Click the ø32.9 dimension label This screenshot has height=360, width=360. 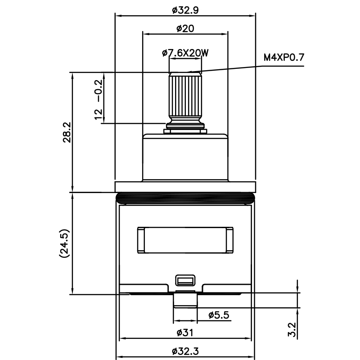(x=185, y=9)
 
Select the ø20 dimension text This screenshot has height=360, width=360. (x=185, y=28)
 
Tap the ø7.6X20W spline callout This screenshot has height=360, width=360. (x=185, y=53)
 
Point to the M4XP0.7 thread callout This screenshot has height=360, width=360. (x=284, y=57)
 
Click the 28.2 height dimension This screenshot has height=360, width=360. (x=67, y=132)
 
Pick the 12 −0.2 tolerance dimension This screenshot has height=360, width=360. (x=99, y=99)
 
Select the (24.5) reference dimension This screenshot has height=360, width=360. (x=64, y=243)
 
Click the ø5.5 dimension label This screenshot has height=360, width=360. (x=219, y=315)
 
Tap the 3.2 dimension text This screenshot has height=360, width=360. (x=292, y=329)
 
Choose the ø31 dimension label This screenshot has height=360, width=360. (x=185, y=332)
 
